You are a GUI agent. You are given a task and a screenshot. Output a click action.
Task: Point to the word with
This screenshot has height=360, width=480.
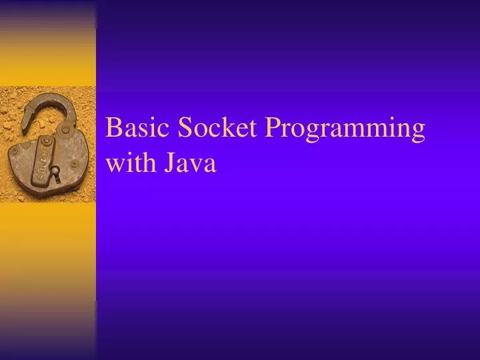[129, 163]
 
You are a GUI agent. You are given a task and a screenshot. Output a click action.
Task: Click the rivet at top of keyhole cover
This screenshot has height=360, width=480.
[46, 141]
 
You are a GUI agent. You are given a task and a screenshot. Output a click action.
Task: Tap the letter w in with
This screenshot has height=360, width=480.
[114, 165]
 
